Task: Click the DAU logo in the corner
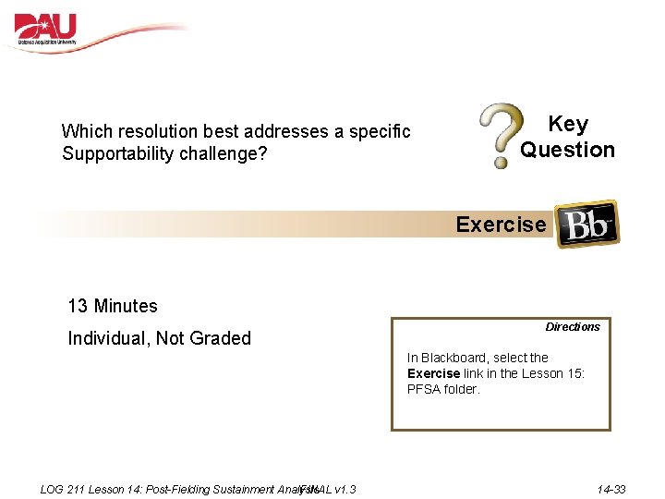pos(46,30)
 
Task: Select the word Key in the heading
pos(567,125)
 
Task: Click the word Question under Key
pos(567,150)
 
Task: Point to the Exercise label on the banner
pos(501,225)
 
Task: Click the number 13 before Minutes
pos(79,306)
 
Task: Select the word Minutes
pos(126,306)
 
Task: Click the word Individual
pos(108,338)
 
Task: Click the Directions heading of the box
pos(572,327)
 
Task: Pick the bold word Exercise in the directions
pos(433,373)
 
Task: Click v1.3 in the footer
pos(346,489)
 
